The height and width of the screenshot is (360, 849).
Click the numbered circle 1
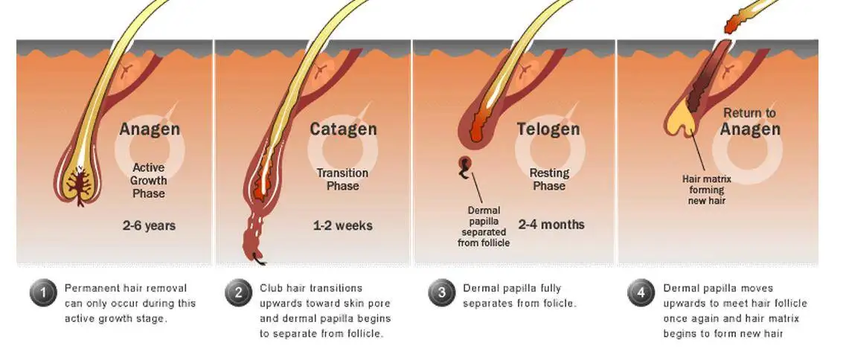click(x=42, y=293)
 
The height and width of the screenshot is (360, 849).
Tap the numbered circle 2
click(x=238, y=293)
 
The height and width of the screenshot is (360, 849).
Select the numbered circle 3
click(x=441, y=293)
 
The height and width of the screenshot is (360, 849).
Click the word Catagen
click(x=343, y=129)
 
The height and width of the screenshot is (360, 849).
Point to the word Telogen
click(x=548, y=129)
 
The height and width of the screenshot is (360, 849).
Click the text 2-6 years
click(x=150, y=225)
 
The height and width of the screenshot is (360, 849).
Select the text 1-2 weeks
click(x=343, y=225)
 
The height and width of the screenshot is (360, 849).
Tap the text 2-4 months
click(x=551, y=224)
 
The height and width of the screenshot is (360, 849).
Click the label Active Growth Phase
click(x=150, y=181)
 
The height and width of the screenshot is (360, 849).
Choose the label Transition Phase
click(x=343, y=179)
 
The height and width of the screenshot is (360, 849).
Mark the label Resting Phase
click(x=549, y=179)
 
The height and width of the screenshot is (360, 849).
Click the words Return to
click(x=749, y=113)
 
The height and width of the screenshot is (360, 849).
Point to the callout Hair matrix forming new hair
click(x=708, y=190)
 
